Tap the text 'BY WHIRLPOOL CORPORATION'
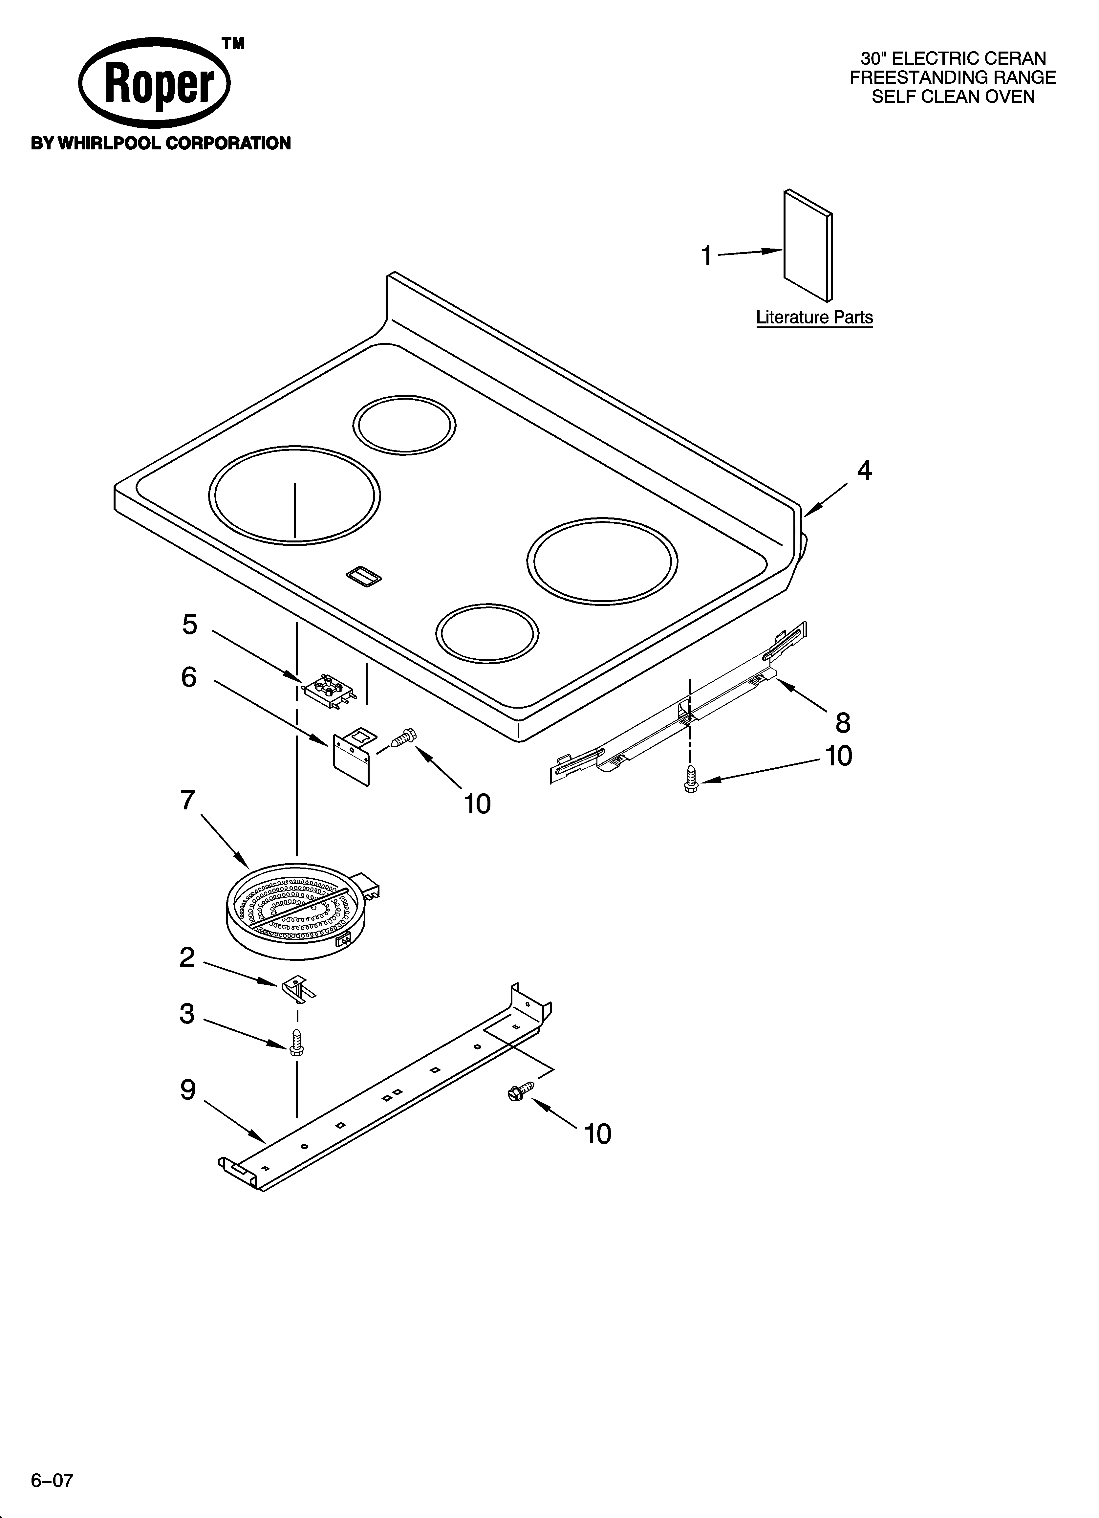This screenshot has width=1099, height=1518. [x=161, y=143]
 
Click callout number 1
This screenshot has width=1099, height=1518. [x=706, y=256]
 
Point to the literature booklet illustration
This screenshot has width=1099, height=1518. [x=808, y=246]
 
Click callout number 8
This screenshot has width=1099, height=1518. [x=843, y=722]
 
